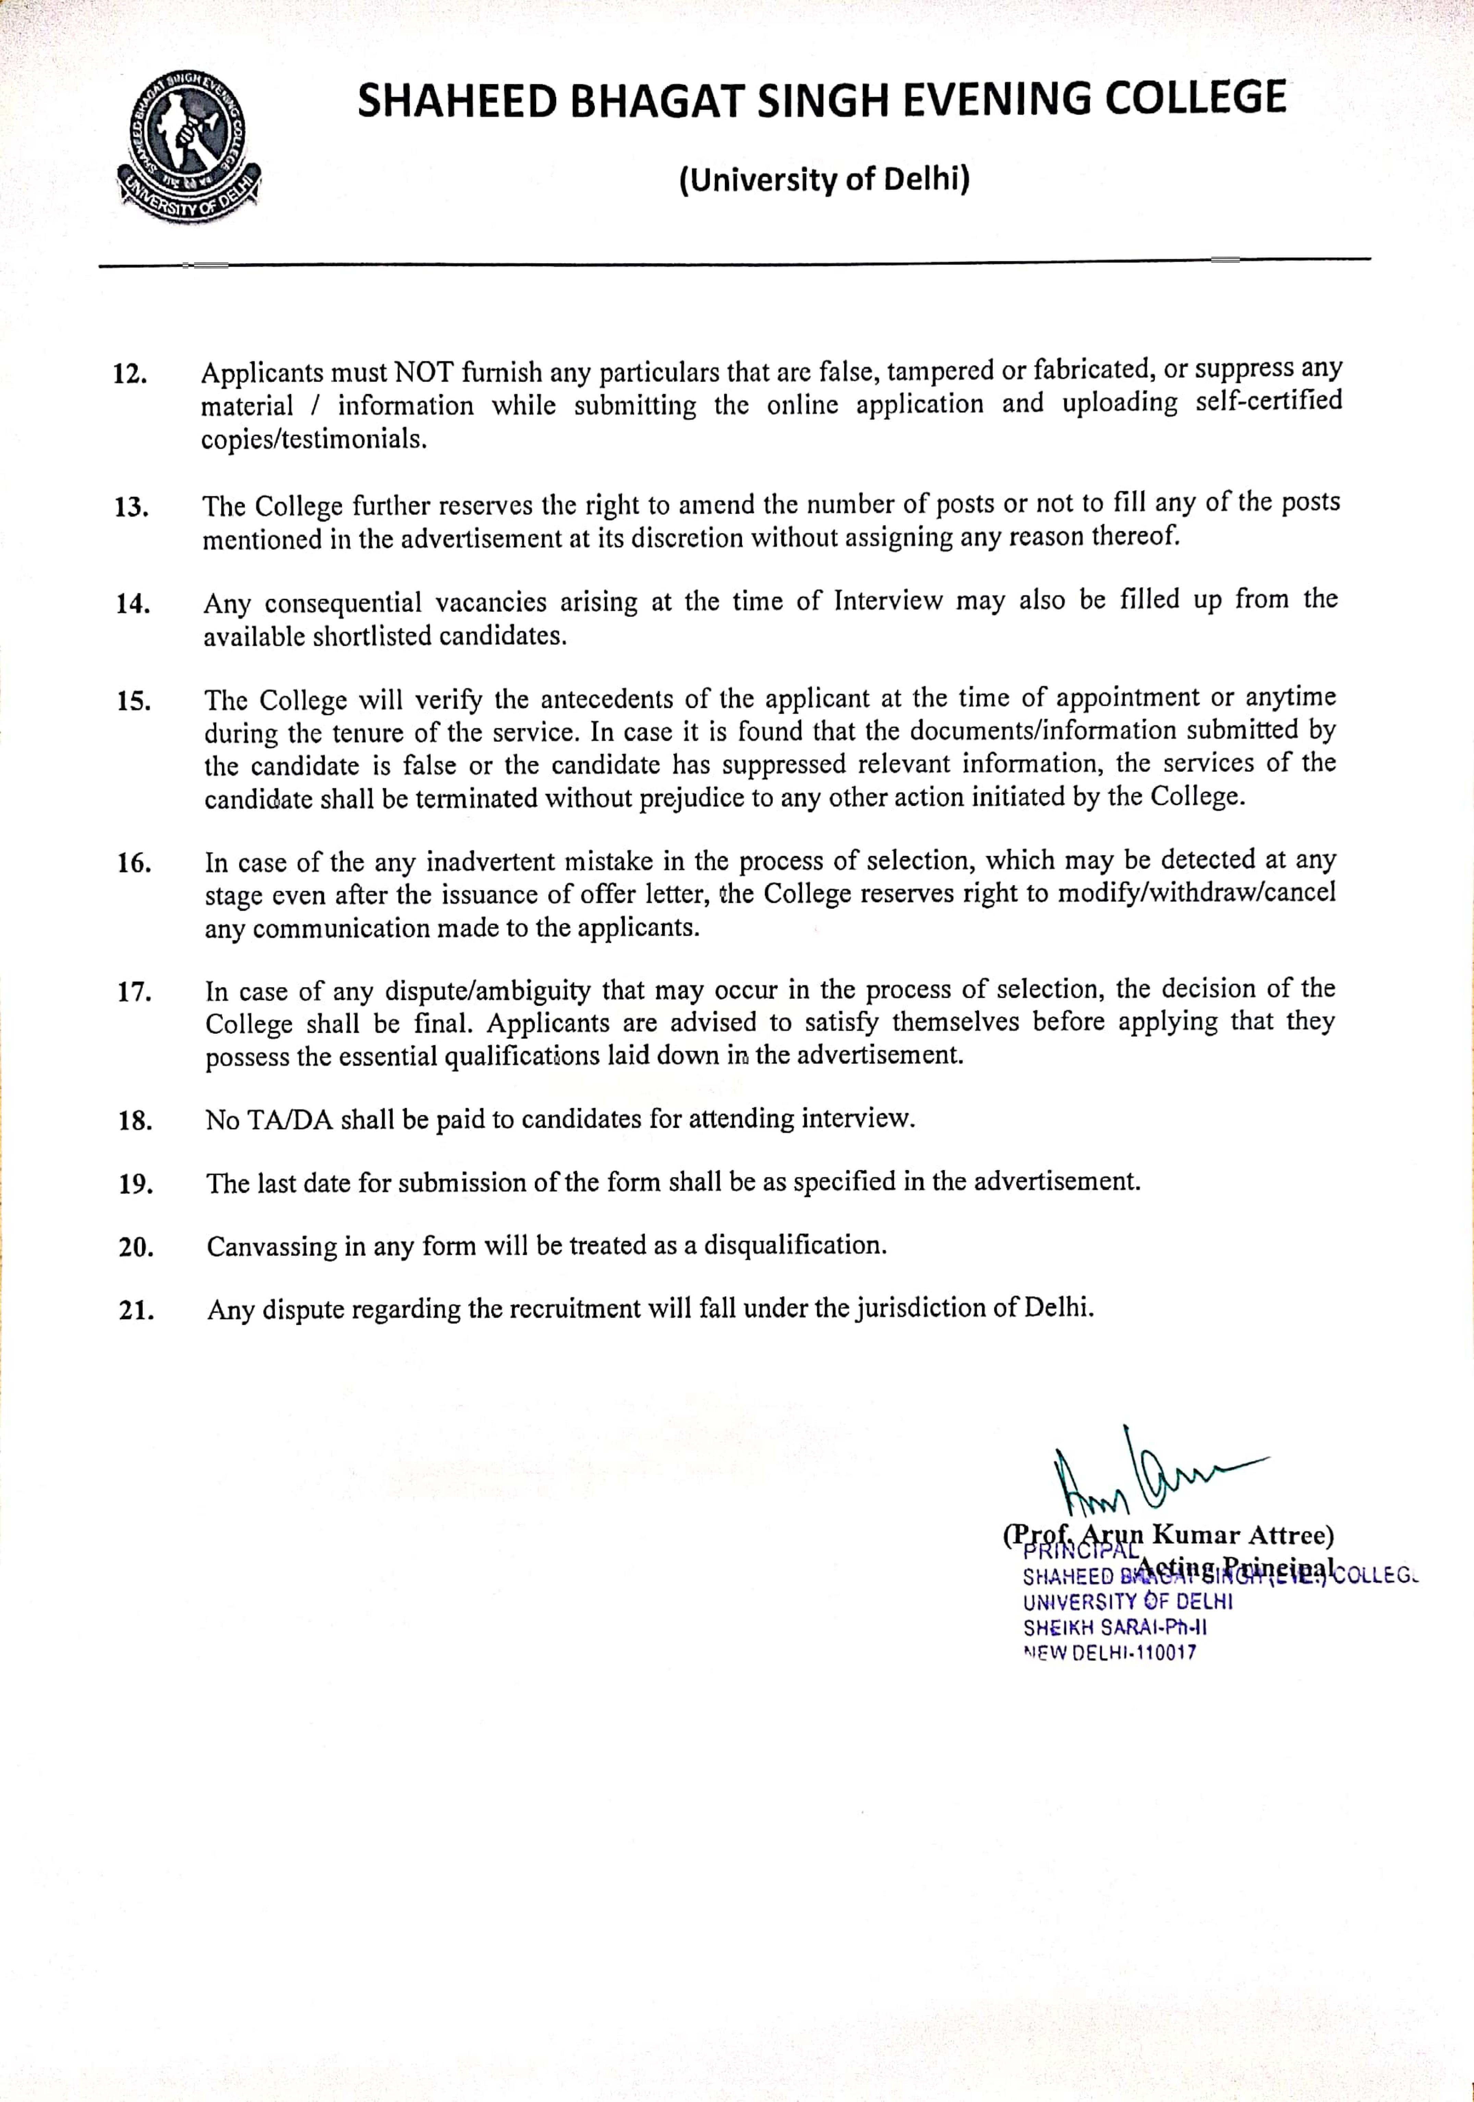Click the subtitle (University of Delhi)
coord(824,180)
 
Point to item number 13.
coord(132,507)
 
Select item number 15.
coord(134,701)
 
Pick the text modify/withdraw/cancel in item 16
coord(1196,893)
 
